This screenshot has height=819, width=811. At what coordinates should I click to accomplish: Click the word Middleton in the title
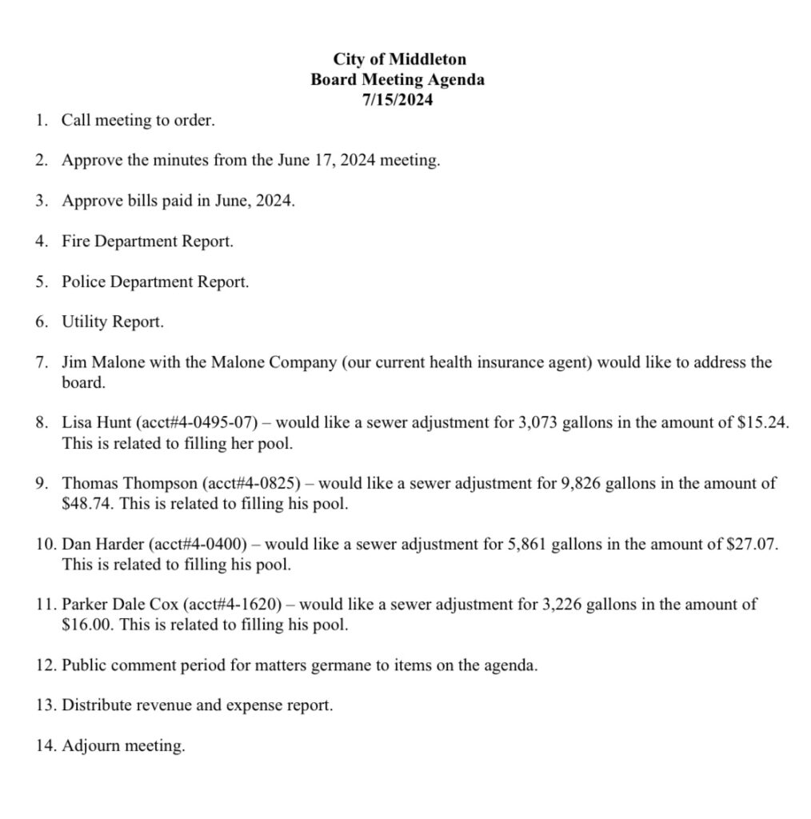[x=430, y=59]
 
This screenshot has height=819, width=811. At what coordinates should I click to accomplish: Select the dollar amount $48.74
[x=84, y=505]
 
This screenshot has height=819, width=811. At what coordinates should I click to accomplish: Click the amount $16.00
[x=84, y=625]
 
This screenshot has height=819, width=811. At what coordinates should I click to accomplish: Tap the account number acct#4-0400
[x=197, y=545]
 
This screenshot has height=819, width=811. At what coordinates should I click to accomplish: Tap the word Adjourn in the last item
[x=90, y=747]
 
